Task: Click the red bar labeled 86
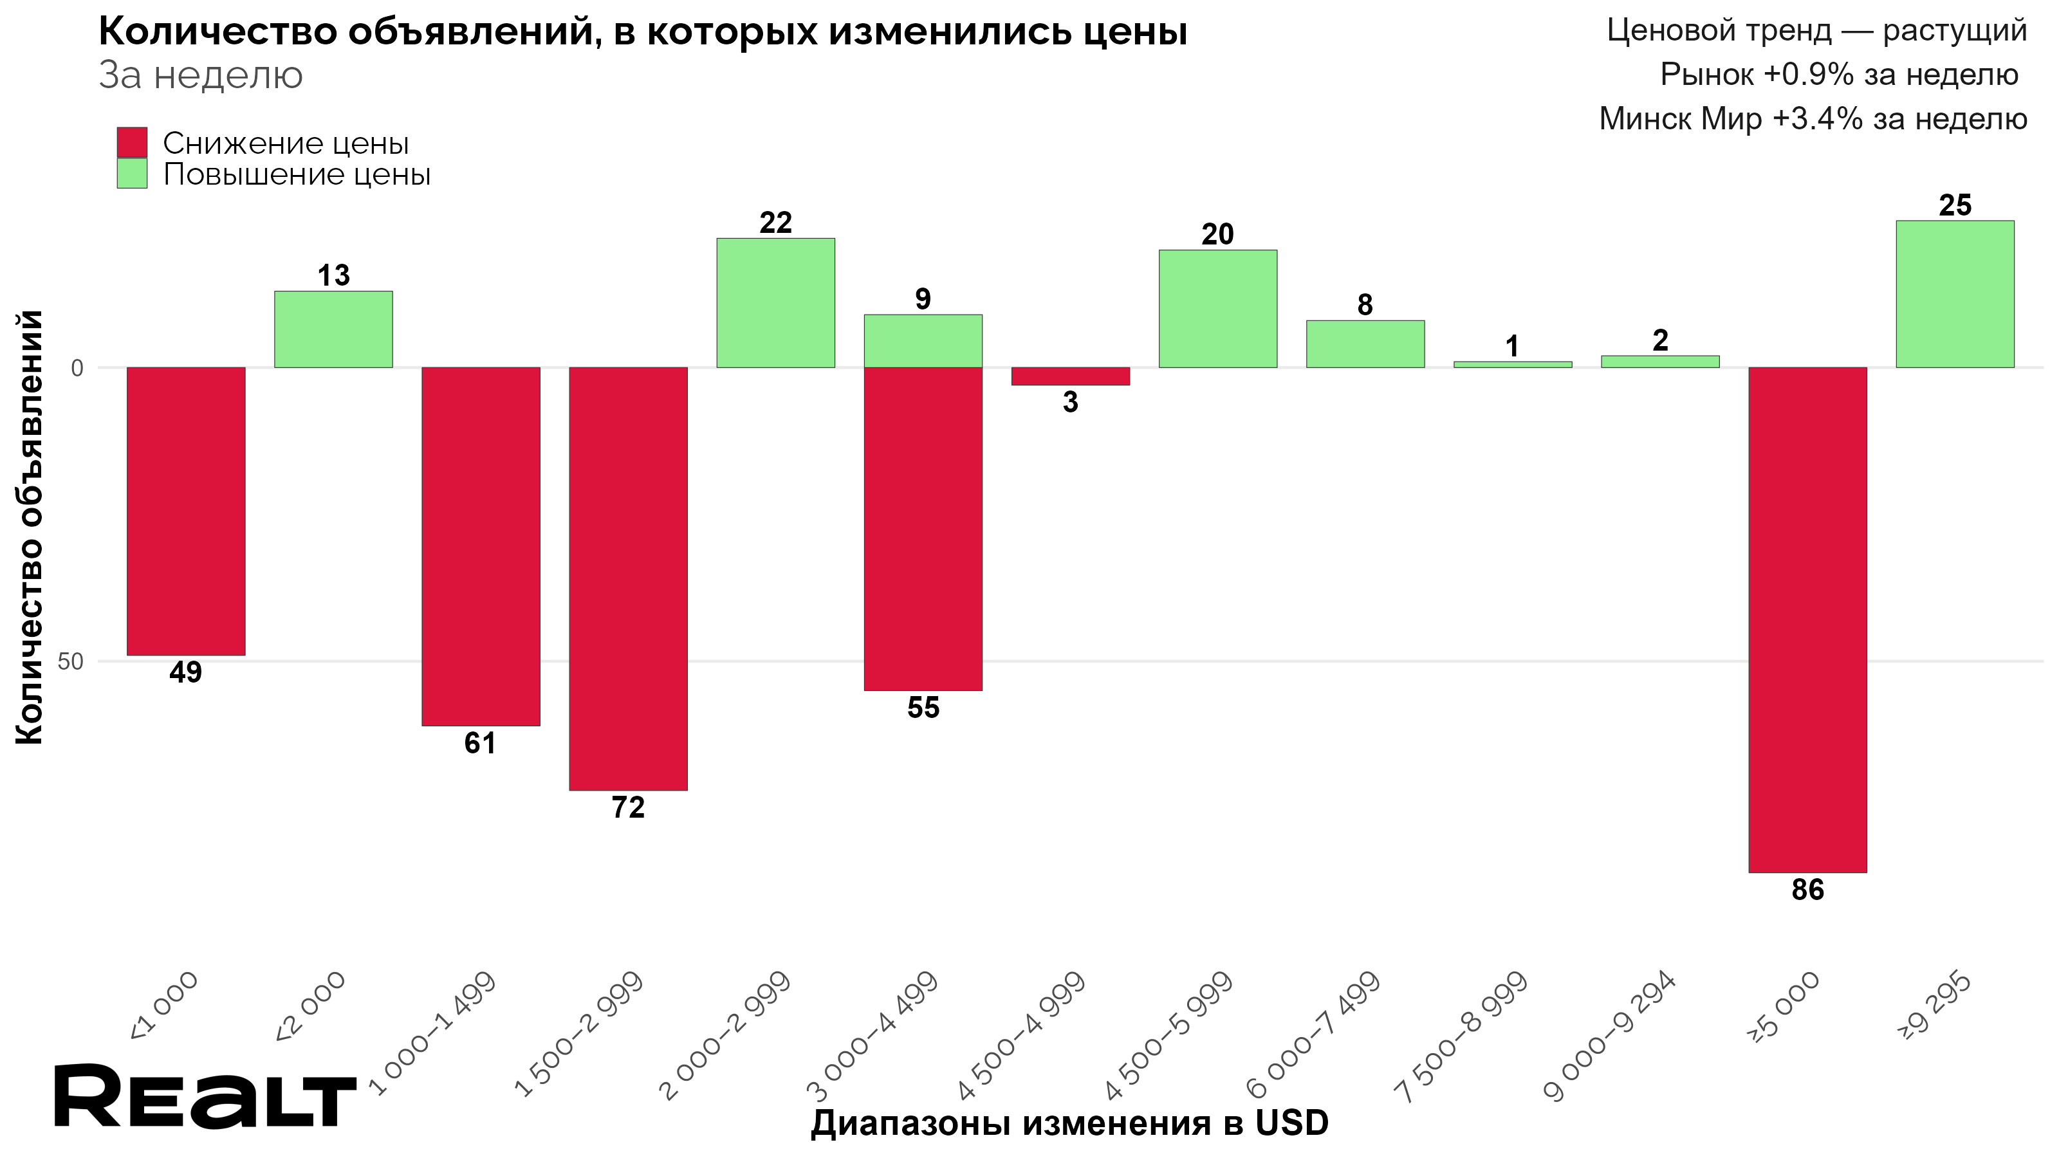(1807, 620)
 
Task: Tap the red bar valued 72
(627, 578)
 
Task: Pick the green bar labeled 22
(775, 302)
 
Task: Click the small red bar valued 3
(1070, 376)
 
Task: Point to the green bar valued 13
(333, 329)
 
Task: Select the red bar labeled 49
(185, 511)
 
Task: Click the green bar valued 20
(1217, 309)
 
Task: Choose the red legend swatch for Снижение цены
(132, 143)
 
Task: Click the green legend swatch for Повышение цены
(132, 174)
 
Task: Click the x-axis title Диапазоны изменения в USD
(1069, 1123)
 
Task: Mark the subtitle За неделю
(201, 76)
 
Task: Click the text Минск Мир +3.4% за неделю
(1812, 119)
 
